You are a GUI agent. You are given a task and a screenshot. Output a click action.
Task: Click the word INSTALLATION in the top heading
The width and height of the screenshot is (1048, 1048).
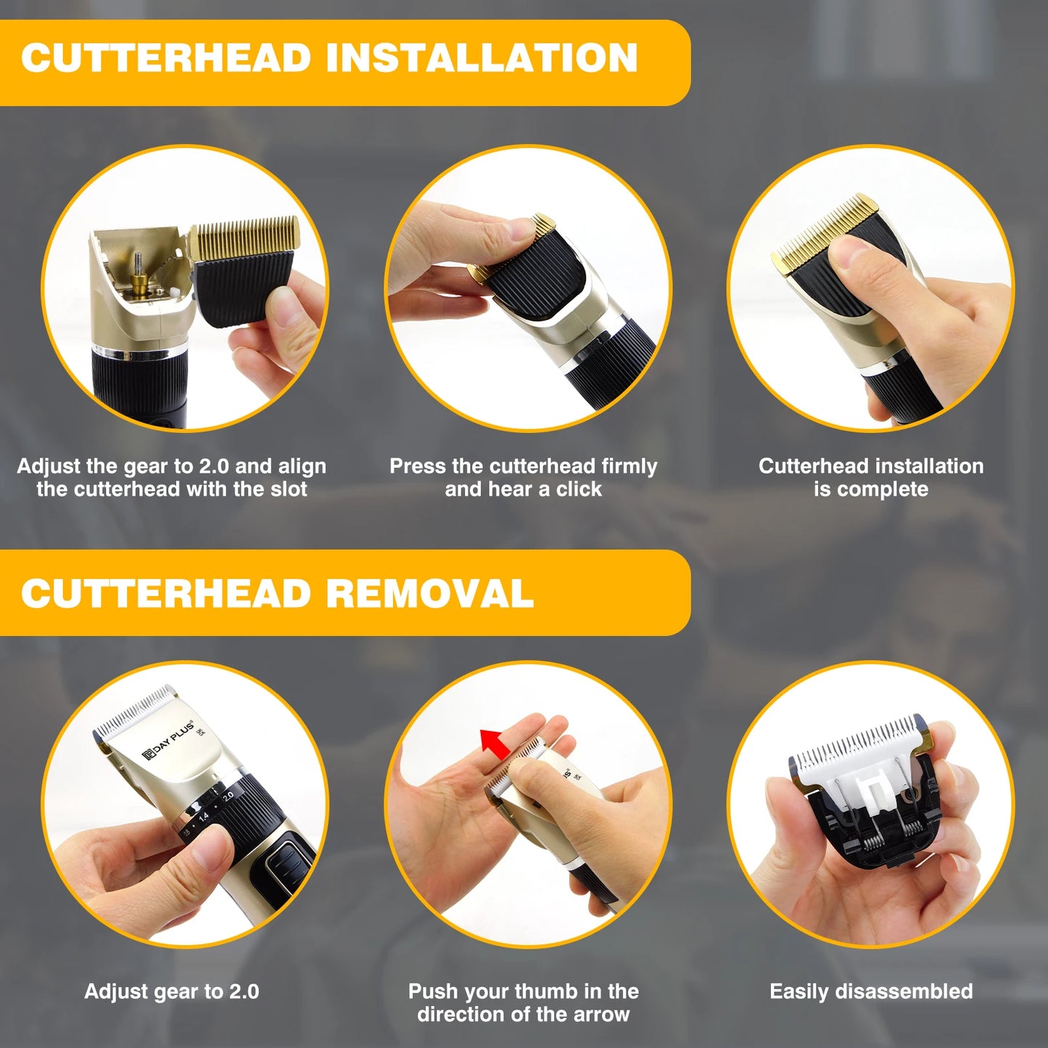tap(482, 58)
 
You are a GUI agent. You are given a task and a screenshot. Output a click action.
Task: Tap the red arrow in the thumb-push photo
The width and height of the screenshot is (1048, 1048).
tap(494, 744)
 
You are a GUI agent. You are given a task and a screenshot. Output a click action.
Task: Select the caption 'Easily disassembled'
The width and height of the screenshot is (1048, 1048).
tap(870, 991)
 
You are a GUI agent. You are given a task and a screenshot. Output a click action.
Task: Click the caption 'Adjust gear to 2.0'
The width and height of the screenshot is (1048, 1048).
tap(171, 991)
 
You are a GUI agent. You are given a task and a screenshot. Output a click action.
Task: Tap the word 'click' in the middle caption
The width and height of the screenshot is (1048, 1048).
tap(579, 490)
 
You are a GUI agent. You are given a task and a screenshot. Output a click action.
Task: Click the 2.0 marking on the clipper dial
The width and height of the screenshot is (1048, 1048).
tap(228, 796)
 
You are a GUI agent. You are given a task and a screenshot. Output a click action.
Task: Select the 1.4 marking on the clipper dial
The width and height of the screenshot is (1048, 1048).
tap(203, 817)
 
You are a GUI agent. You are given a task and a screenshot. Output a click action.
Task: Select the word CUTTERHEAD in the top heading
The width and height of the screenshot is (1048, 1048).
tap(166, 58)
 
